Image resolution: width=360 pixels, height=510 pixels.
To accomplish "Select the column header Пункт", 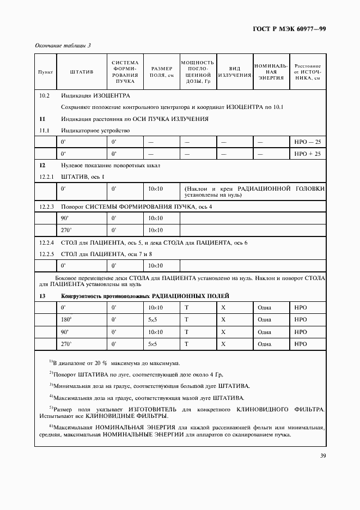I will tap(44, 72).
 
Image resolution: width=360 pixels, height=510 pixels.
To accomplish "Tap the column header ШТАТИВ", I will tap(82, 72).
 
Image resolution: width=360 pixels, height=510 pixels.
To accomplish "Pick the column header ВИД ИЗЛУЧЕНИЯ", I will tap(234, 72).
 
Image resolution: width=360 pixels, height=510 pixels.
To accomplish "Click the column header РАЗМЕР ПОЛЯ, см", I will tap(162, 72).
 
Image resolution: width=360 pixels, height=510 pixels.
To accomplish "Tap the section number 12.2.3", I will tap(47, 207).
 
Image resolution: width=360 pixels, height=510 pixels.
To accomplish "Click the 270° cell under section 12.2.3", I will tap(66, 230).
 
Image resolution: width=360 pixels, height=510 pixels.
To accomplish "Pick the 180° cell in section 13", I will tap(66, 319).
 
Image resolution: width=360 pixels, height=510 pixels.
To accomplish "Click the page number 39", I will tap(322, 456).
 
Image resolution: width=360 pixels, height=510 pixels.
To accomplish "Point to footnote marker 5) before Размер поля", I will tap(51, 407).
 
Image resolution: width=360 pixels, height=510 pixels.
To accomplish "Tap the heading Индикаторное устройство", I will tap(95, 130).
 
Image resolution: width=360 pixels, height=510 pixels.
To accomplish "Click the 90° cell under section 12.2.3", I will tap(65, 218).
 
